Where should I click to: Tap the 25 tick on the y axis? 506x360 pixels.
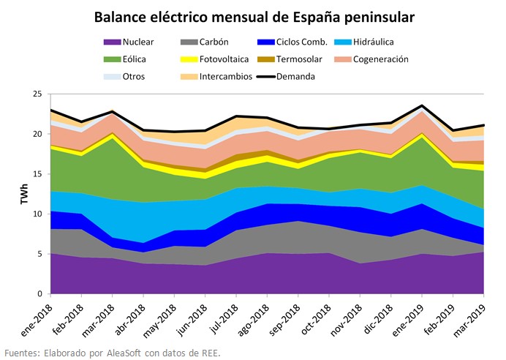point(37,94)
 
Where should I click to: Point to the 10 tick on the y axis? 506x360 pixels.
point(37,214)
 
